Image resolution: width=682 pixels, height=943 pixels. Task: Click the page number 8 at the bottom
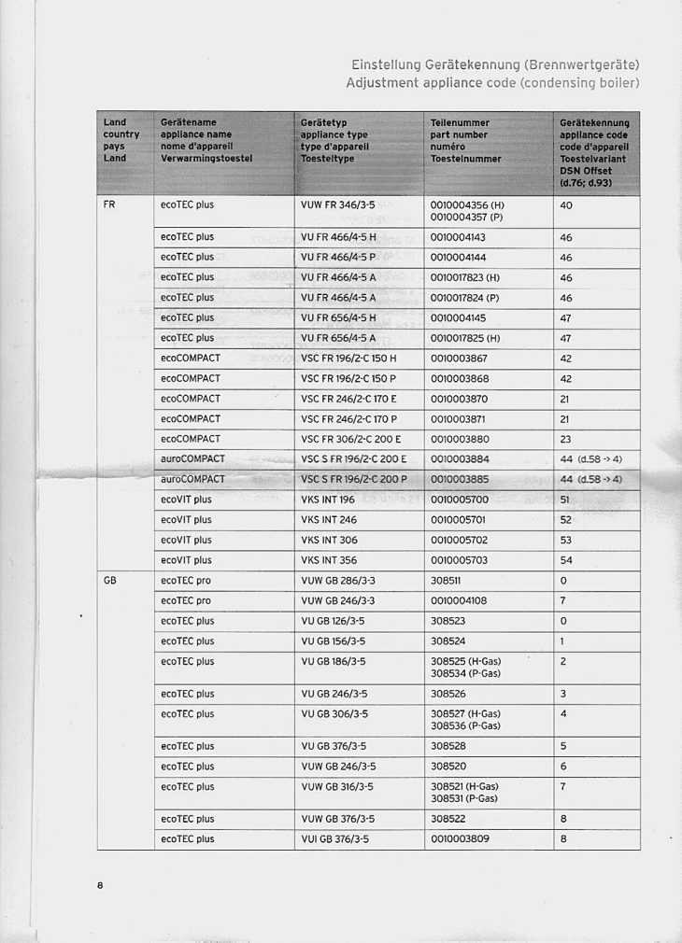click(98, 885)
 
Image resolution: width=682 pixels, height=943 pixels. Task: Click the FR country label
click(109, 204)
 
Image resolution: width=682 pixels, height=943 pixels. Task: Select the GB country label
click(110, 581)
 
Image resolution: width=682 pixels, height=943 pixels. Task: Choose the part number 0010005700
click(459, 500)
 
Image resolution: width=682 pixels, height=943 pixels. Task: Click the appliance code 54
click(566, 560)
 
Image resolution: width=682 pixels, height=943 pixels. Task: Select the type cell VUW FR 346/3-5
click(338, 204)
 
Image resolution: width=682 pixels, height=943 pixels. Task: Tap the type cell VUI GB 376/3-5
click(335, 839)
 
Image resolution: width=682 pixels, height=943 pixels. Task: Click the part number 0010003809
click(459, 839)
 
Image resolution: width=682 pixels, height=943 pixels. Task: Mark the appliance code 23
click(565, 439)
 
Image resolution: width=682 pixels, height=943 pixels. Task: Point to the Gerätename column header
click(189, 122)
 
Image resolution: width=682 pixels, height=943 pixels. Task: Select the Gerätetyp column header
click(324, 122)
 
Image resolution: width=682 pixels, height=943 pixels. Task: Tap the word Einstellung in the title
click(385, 65)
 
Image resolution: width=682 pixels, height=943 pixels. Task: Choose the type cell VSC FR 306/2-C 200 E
click(354, 439)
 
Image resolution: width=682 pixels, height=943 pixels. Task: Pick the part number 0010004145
click(459, 317)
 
